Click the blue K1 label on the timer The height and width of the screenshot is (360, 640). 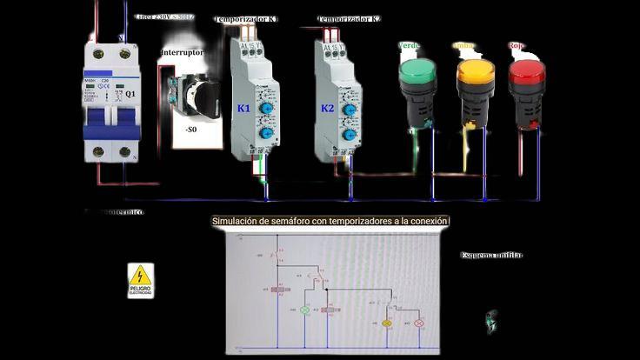[243, 109]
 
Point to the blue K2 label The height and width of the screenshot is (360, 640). [327, 109]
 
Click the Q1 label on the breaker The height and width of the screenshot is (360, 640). [130, 94]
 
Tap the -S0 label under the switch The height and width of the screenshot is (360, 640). [190, 129]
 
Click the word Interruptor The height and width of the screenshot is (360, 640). [182, 53]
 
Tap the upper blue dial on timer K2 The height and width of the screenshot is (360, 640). [348, 110]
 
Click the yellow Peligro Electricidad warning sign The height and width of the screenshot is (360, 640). [140, 281]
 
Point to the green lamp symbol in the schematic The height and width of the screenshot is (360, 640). [305, 310]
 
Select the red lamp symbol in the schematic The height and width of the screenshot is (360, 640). [418, 323]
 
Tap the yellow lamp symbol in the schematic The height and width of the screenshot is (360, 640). [388, 323]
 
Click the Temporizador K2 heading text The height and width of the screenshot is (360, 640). [349, 19]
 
